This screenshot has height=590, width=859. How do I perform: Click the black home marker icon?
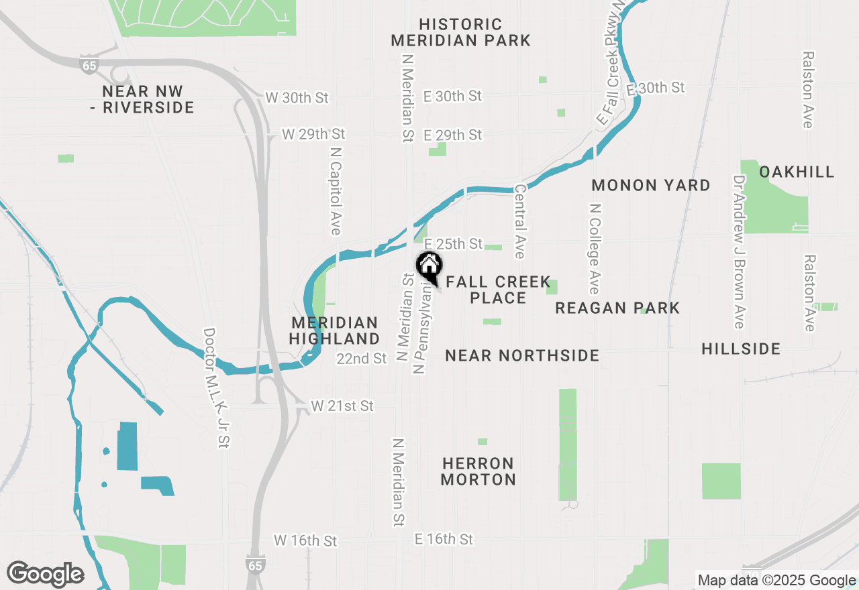point(429,265)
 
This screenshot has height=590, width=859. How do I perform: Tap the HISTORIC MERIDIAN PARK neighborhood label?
point(460,33)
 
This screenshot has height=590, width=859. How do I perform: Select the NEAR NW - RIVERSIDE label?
point(142,99)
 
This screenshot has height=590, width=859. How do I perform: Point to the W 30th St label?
point(297,98)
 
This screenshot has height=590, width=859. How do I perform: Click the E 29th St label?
point(453,135)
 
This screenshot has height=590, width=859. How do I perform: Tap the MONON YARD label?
point(650,185)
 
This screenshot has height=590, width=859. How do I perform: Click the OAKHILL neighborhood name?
point(797,172)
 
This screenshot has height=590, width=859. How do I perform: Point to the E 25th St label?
point(453,243)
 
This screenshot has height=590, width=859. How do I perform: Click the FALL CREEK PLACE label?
point(498,290)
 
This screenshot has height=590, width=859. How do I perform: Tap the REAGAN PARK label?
point(617,308)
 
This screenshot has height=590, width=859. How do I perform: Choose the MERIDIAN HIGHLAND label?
point(335,331)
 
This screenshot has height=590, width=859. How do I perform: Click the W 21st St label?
point(342,406)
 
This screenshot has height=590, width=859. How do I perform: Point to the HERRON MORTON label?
point(478,471)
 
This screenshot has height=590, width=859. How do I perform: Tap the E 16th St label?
point(444,539)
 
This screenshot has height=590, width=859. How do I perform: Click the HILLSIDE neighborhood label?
point(741,349)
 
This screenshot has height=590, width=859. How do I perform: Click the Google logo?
point(45,574)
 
